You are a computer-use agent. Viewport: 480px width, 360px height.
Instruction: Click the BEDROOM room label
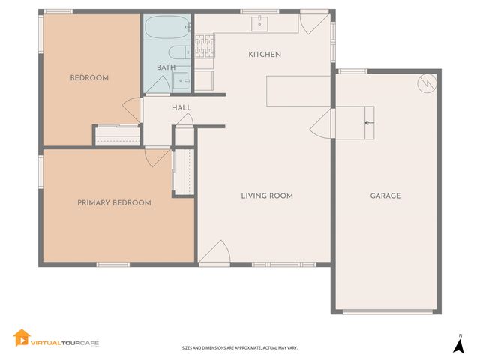[89, 78]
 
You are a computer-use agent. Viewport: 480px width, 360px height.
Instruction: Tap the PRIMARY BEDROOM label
[115, 202]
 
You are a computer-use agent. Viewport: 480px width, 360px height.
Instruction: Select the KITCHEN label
[265, 55]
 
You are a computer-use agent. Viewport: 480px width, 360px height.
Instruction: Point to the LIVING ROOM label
[266, 196]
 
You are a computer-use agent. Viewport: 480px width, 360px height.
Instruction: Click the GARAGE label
[385, 196]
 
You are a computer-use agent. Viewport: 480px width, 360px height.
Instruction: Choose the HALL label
[181, 108]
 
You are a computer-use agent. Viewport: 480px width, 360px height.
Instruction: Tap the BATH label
[166, 67]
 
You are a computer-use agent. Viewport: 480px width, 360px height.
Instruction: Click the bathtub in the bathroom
[166, 29]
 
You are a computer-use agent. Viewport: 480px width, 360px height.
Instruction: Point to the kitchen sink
[260, 24]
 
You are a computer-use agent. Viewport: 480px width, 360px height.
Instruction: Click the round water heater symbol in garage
[425, 83]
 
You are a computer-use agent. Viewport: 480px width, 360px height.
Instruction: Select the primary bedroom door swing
[157, 157]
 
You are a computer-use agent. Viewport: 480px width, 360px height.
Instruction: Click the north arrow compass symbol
[458, 344]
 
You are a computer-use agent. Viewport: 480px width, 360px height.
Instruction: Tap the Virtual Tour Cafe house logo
[22, 338]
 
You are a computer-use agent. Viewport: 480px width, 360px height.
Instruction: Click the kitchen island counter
[298, 90]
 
